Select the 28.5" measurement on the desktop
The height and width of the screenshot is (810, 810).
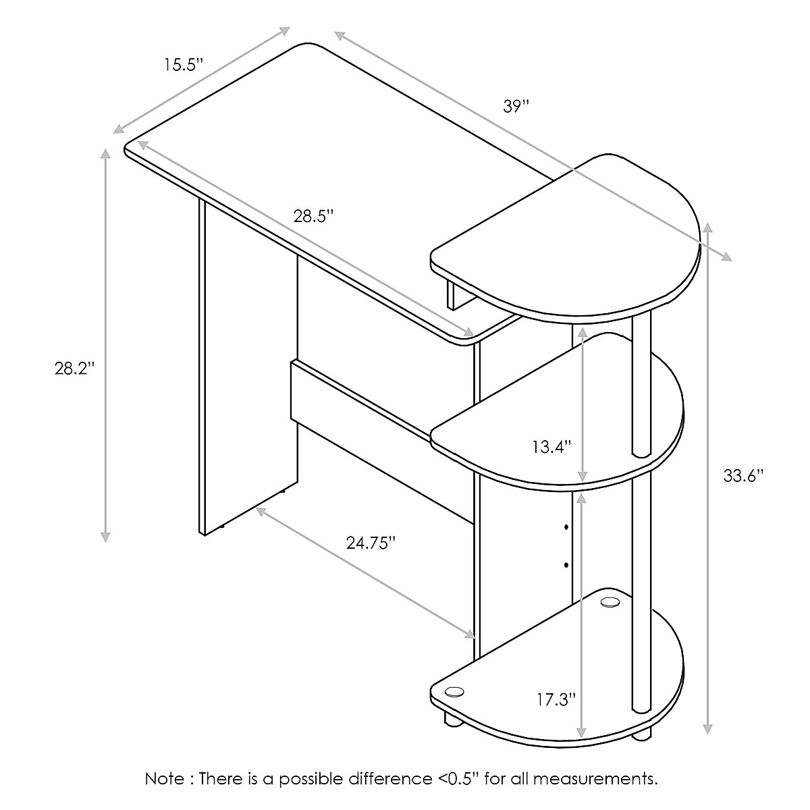(313, 216)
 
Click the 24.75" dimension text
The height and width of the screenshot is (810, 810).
(371, 544)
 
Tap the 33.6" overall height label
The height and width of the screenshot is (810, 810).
(742, 475)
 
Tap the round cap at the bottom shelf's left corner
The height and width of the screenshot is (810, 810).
(454, 691)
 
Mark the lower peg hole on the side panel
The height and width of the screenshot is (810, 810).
(566, 563)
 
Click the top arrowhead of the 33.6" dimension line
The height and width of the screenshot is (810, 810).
(707, 227)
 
